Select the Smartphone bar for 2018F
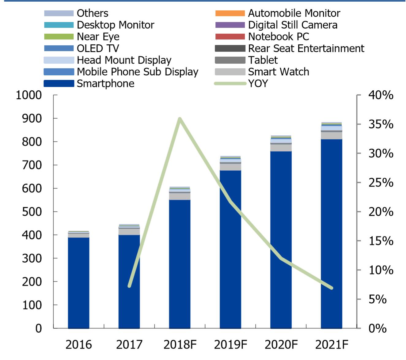(x=180, y=263)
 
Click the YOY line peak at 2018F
(x=180, y=119)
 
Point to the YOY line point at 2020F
(x=281, y=258)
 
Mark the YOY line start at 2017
(x=129, y=286)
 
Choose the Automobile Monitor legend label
(x=294, y=13)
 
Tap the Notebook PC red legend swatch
(x=230, y=37)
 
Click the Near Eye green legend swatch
(x=59, y=37)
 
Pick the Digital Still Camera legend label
(x=293, y=25)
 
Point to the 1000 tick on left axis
(x=29, y=95)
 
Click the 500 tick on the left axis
(x=32, y=211)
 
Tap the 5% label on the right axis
(x=378, y=299)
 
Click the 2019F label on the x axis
(x=230, y=345)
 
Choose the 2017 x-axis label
(x=129, y=345)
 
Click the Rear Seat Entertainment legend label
(x=306, y=48)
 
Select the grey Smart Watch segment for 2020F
(x=281, y=148)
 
